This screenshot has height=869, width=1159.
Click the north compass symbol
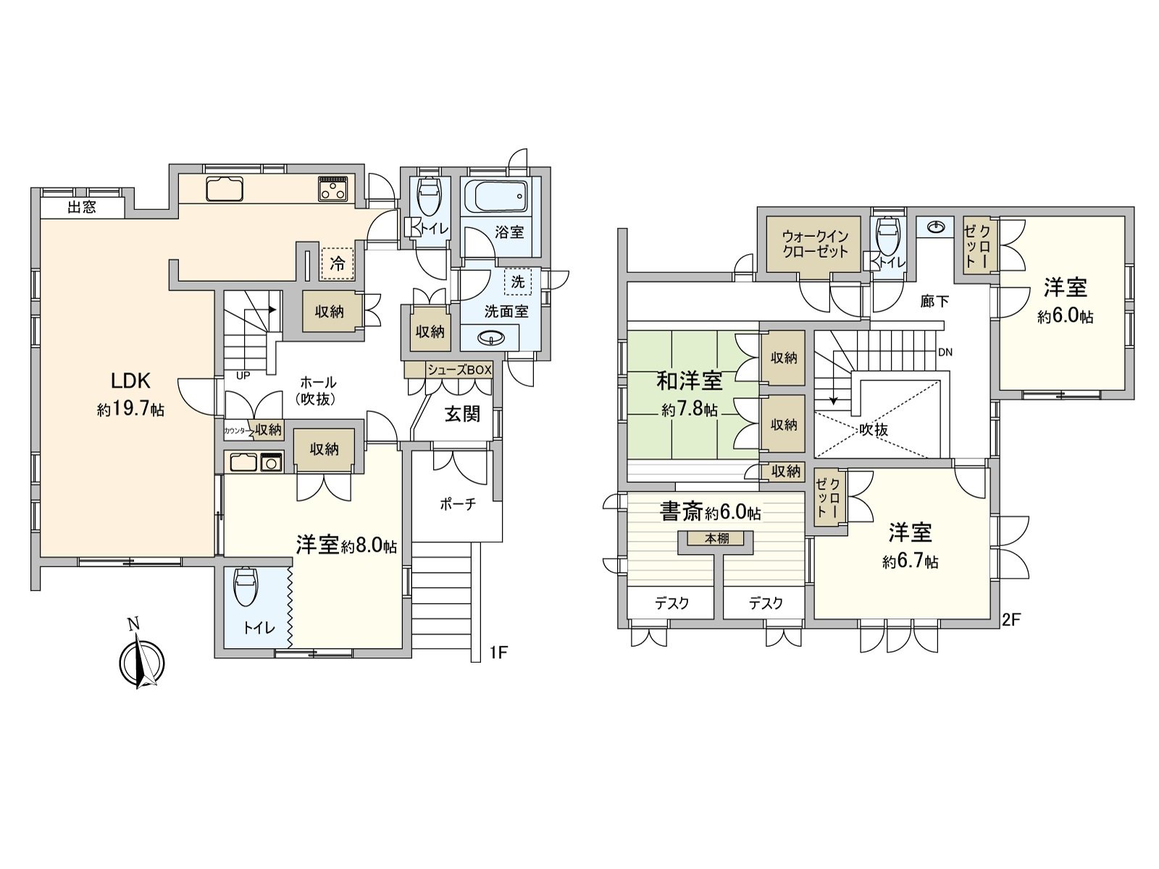tap(141, 658)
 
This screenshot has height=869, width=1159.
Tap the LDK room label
tap(130, 380)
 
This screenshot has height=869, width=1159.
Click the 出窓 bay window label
tap(81, 208)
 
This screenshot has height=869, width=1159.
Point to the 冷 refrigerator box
tap(337, 264)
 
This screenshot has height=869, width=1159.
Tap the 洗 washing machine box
tap(517, 282)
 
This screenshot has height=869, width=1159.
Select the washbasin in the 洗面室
tap(493, 338)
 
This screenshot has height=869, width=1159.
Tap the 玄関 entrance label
tap(462, 413)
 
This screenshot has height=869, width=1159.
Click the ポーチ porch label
tap(458, 504)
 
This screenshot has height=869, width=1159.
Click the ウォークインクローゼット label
tap(815, 244)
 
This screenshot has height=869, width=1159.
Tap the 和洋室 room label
tap(689, 380)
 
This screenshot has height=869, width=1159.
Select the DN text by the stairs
tap(945, 353)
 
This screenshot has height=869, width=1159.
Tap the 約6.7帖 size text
tap(911, 562)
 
